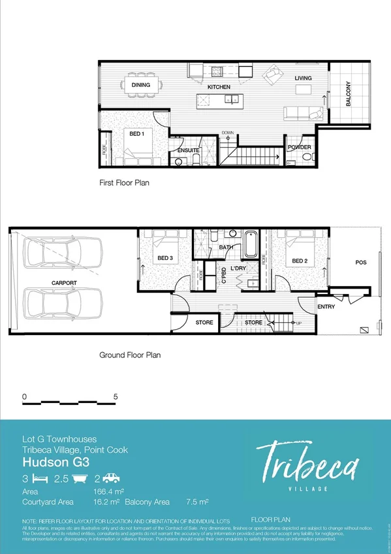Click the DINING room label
coord(140,85)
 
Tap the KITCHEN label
coord(219,87)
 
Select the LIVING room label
coord(303,78)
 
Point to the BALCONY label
coord(348,94)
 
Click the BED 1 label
coord(136,133)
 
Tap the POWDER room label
coord(300,148)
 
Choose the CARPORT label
coord(65,283)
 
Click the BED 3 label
coord(165,258)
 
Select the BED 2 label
coord(299,261)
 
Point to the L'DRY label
coord(238,269)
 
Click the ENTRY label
coord(326,306)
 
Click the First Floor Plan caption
coord(124,183)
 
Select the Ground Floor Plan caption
coord(130,355)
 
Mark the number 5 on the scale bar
coord(116,397)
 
